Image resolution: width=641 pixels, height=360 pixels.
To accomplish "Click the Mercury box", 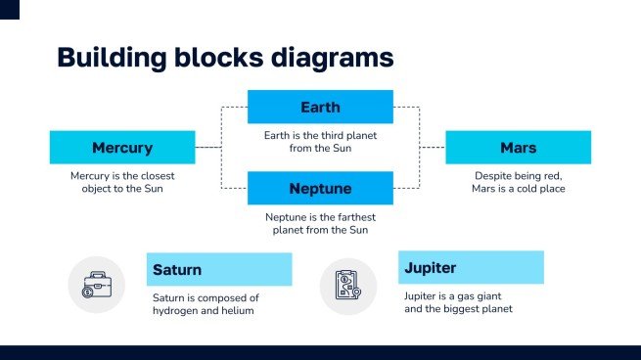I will pos(122,148).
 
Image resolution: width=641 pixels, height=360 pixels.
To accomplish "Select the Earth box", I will pos(320,107).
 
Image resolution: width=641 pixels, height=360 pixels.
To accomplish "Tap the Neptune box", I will pos(320,188).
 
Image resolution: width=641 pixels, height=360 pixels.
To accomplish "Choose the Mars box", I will pos(518,148).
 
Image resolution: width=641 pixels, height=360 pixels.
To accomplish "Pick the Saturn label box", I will pos(219,269).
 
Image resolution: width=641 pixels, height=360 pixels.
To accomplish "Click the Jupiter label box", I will pos(471,267).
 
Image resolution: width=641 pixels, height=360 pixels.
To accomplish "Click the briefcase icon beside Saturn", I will pos(96,285).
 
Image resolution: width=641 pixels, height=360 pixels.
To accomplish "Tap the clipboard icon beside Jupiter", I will pos(348,285).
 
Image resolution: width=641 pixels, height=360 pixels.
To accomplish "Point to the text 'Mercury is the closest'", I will pos(122,176).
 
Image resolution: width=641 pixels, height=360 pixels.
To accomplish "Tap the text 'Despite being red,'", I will pos(518,176).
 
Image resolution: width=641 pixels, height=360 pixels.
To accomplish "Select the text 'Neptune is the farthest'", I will pos(320,217).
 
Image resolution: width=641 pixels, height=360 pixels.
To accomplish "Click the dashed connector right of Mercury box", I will pos(208,148).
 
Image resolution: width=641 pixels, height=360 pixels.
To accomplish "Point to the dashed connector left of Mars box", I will pos(432,148).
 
